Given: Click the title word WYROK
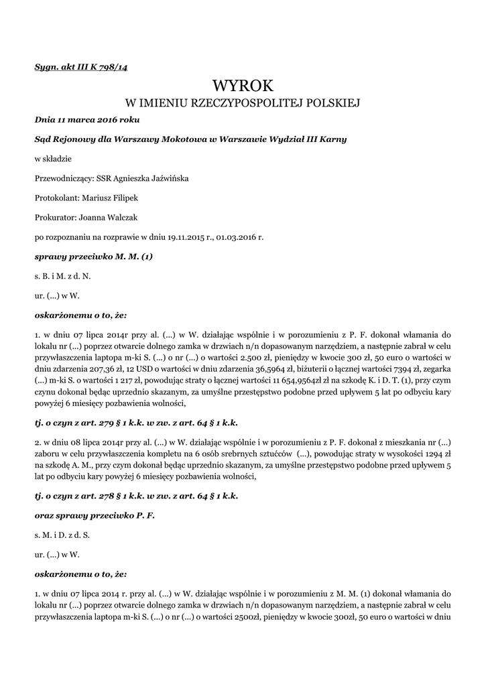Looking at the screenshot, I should tap(243, 86).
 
